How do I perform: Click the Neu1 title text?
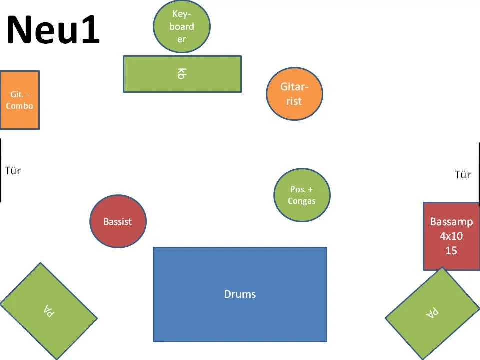click(x=53, y=30)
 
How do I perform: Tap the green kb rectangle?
click(x=182, y=74)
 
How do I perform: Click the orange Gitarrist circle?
click(x=294, y=94)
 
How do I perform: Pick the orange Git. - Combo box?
click(x=19, y=100)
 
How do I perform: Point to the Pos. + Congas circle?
click(x=302, y=195)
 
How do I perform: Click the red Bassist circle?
click(x=118, y=221)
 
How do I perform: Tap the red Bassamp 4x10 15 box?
click(x=451, y=236)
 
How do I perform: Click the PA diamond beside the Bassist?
click(x=48, y=311)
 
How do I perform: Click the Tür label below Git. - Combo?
click(x=13, y=171)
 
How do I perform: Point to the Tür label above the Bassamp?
click(x=463, y=175)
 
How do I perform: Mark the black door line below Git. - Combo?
click(x=0, y=170)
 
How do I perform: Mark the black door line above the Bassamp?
click(x=479, y=174)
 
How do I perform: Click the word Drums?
click(x=240, y=294)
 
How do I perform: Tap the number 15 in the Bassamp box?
click(x=451, y=250)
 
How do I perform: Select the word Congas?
click(x=302, y=201)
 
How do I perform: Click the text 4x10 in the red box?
click(x=451, y=236)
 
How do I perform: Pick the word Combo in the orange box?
click(x=19, y=106)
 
